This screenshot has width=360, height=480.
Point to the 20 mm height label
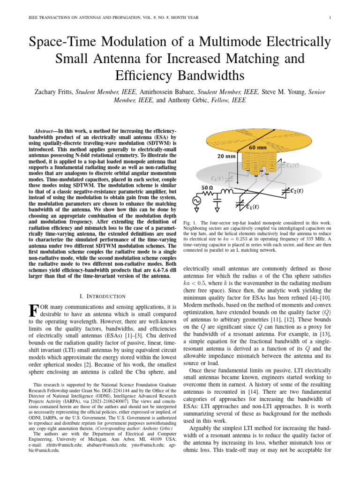tap(217, 157)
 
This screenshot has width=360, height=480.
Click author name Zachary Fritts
tap(56, 92)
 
